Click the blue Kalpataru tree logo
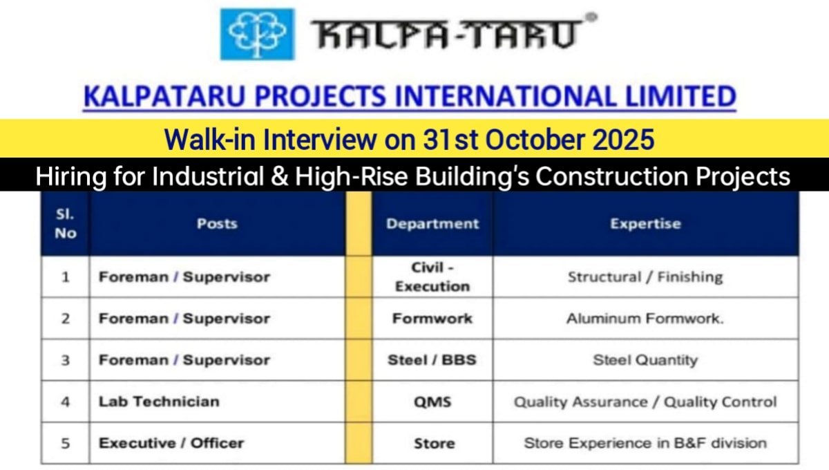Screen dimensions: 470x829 257,34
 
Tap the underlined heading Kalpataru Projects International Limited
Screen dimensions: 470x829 409,97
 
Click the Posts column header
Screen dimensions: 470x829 217,223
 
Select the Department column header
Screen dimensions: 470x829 432,223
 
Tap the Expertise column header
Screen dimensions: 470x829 645,223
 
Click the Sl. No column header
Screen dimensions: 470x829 65,224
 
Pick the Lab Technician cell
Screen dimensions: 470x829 159,402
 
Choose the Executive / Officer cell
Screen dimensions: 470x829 171,443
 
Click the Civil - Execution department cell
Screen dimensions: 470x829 432,276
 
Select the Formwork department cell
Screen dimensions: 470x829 432,319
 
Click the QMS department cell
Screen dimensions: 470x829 432,402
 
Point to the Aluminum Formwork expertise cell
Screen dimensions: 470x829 645,319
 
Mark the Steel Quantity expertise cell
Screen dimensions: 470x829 645,360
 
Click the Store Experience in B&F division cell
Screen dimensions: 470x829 645,443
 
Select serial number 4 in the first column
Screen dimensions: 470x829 66,402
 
